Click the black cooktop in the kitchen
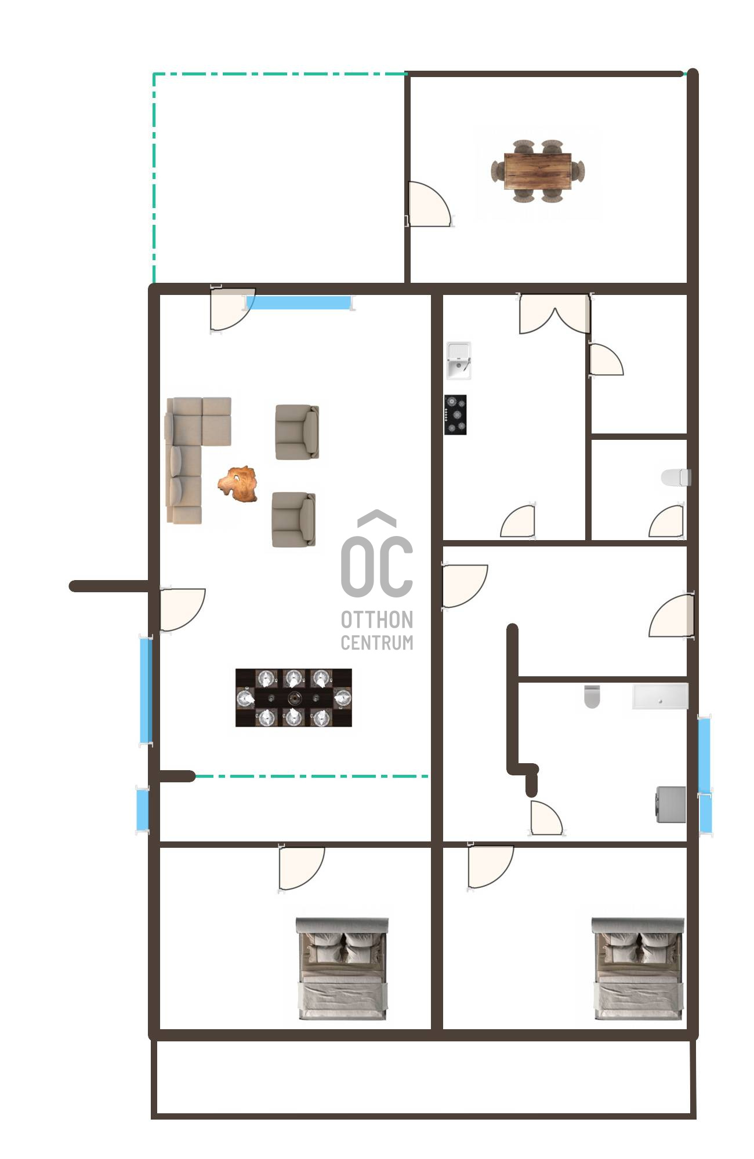(x=455, y=414)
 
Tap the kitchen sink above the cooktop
(x=458, y=360)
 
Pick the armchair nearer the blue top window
(x=297, y=432)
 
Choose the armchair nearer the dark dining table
(x=294, y=519)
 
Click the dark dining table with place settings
(x=293, y=698)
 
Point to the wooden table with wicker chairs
(x=538, y=171)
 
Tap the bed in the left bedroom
(x=342, y=968)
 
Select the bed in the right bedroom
(x=637, y=968)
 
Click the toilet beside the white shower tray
(x=592, y=697)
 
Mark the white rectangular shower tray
(x=660, y=697)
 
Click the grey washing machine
(x=671, y=804)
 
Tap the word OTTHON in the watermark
(x=377, y=619)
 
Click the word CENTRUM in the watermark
(x=377, y=643)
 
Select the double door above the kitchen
(x=555, y=314)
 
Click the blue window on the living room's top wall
(x=299, y=302)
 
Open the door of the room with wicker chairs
(x=429, y=204)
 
